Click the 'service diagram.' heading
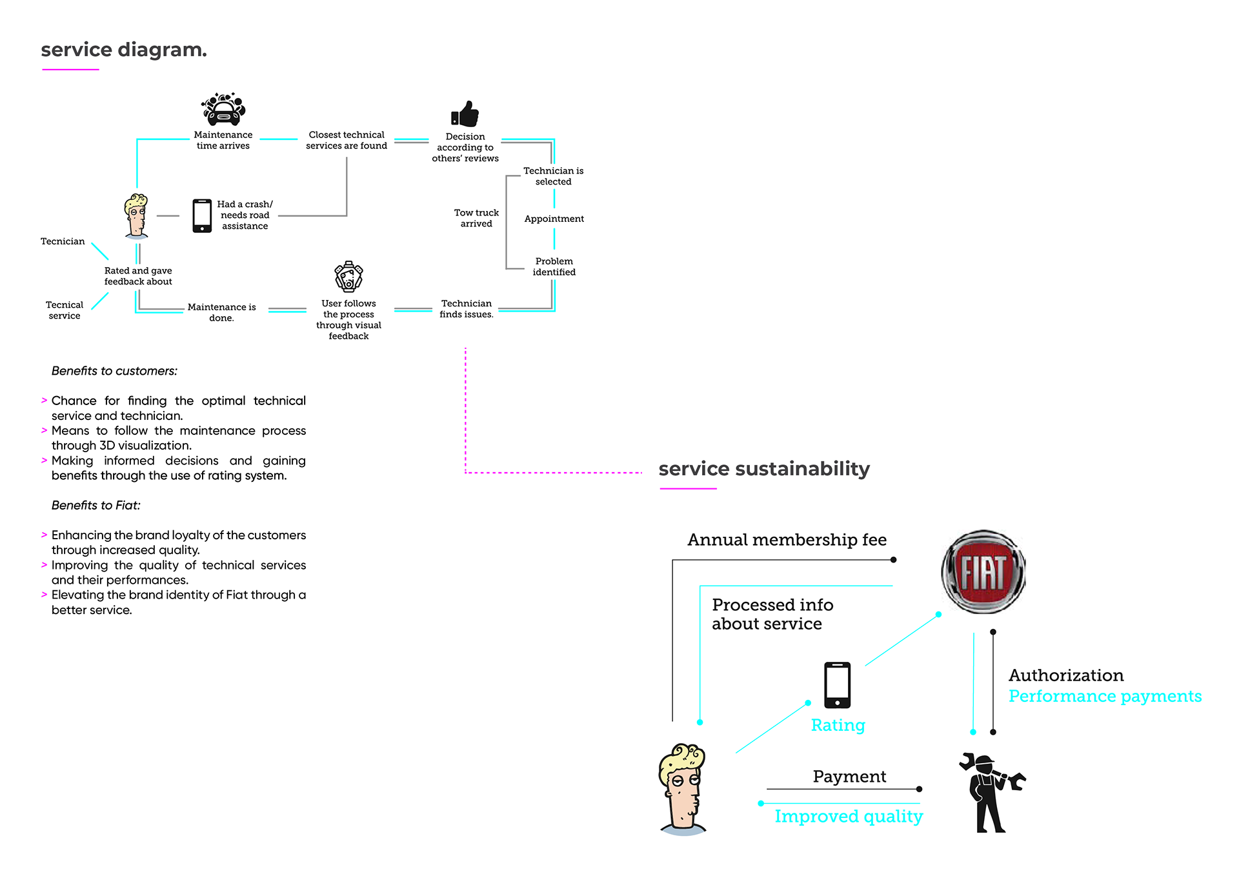pos(124,50)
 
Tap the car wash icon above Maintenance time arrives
pos(223,109)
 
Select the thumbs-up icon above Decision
pos(465,114)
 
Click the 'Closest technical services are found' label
pos(347,140)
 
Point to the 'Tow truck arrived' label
pos(476,218)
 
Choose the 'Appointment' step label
pos(554,219)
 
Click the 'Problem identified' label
pos(554,266)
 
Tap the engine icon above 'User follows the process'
pos(348,277)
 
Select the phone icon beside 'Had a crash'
pos(202,215)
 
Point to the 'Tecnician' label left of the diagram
pos(63,241)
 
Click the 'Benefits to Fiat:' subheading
pos(96,505)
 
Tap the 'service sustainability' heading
pos(764,469)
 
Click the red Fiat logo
pos(983,572)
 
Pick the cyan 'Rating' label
pos(838,725)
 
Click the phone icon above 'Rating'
pos(838,685)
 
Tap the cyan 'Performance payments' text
pos(1105,697)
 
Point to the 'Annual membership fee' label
pos(787,539)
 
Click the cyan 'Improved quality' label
pos(849,817)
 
